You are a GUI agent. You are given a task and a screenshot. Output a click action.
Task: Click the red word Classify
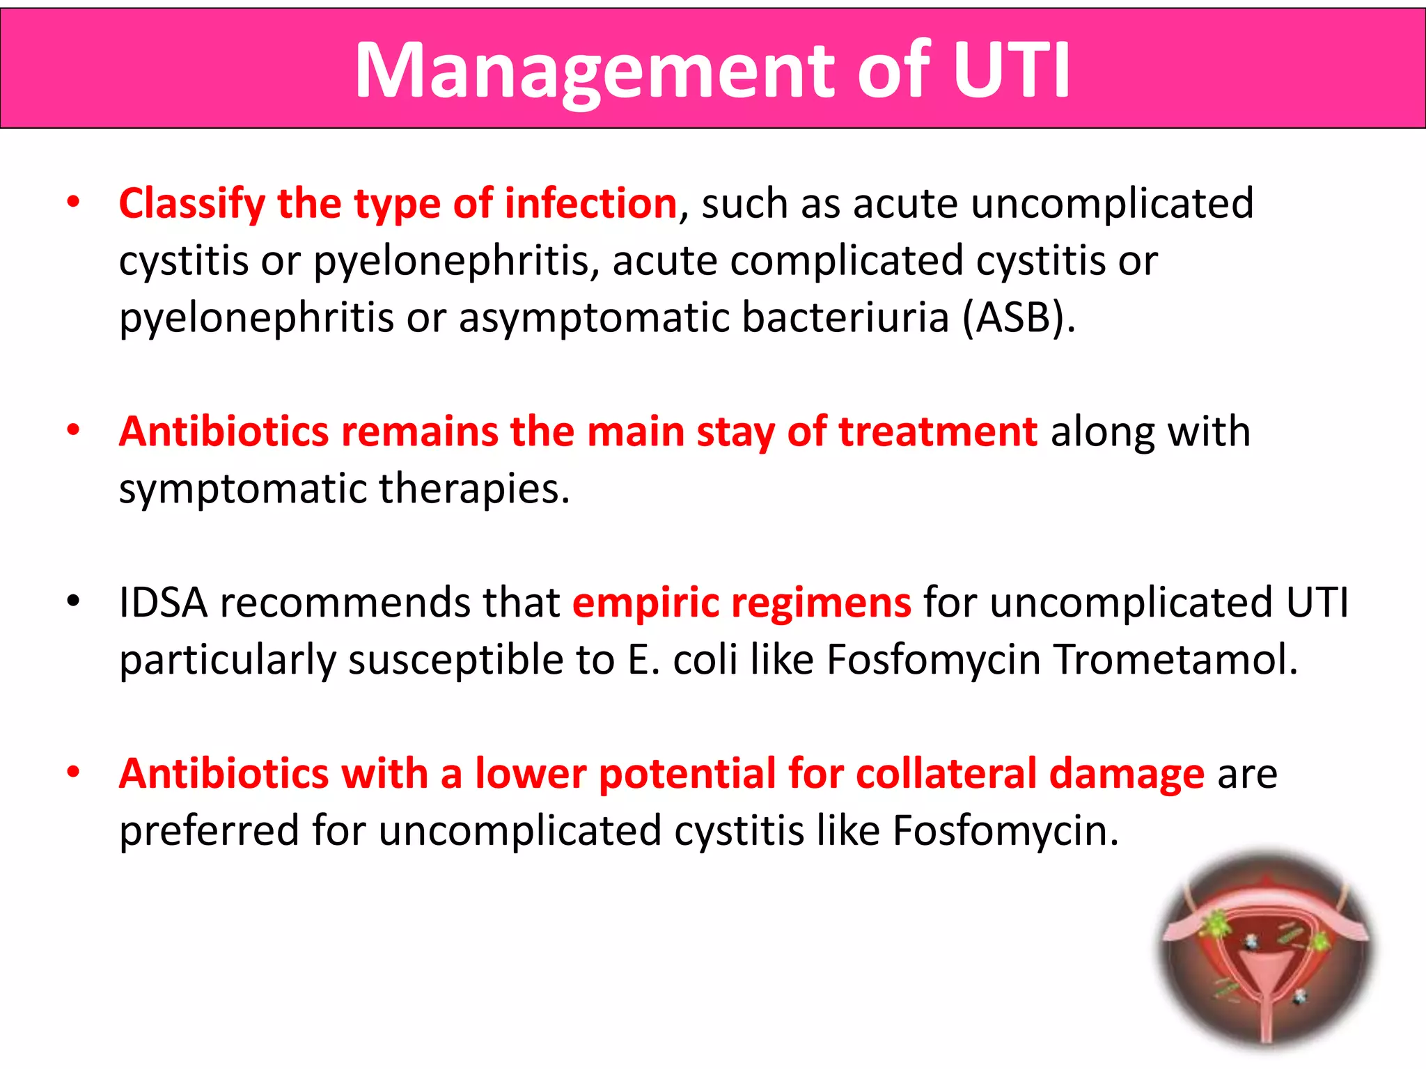pos(192,204)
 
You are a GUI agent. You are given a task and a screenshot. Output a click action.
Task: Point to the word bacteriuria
pos(845,317)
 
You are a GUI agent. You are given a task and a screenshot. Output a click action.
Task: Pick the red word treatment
pos(938,431)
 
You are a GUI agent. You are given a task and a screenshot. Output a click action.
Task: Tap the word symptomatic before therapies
pos(243,489)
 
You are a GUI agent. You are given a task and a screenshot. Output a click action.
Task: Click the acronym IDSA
pos(163,602)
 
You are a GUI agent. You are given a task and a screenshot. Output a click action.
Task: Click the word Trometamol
pos(1175,659)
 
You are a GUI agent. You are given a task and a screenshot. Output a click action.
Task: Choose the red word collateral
pos(946,773)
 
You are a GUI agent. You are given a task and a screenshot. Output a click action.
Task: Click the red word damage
pos(1127,775)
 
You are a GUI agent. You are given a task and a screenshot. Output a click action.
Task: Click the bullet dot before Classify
pos(73,203)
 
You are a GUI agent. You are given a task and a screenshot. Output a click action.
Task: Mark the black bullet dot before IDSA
pos(73,601)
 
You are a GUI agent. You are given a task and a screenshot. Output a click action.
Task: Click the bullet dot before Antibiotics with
pos(73,772)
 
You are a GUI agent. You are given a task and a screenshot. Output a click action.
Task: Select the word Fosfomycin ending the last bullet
pos(1005,831)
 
